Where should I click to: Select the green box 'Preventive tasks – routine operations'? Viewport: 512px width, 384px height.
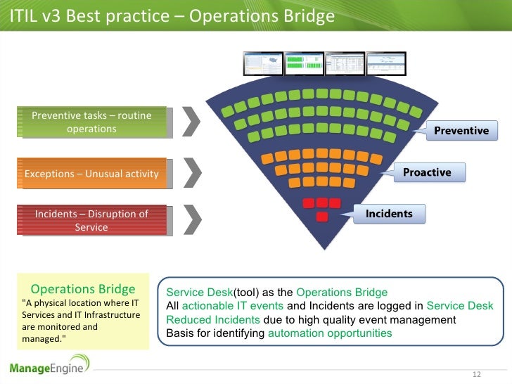coord(92,122)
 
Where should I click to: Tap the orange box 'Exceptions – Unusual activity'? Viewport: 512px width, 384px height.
coord(91,174)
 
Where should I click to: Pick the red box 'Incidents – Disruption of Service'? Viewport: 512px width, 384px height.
coord(91,220)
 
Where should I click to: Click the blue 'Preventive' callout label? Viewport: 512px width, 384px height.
coord(461,130)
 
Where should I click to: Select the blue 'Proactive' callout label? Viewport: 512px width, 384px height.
coord(427,172)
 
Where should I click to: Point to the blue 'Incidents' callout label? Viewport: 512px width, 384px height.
coord(389,213)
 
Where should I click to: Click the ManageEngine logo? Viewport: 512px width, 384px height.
coord(50,365)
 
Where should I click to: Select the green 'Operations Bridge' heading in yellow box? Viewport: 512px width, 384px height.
coord(83,289)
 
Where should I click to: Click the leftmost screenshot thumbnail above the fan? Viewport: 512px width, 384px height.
coord(262,64)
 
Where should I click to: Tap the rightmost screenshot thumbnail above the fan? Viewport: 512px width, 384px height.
coord(387,64)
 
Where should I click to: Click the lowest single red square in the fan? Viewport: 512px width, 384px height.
coord(322,217)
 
